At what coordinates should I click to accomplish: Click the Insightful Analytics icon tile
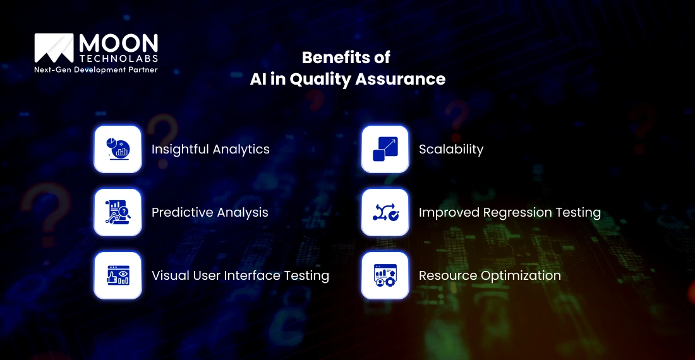point(118,149)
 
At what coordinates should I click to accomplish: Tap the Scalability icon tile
point(385,149)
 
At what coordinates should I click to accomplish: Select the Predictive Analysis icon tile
point(118,212)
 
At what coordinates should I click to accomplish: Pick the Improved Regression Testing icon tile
point(385,212)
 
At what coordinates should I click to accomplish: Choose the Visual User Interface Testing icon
point(118,275)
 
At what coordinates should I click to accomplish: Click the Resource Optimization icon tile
point(385,275)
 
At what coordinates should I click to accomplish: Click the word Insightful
point(179,150)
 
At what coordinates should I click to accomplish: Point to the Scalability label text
point(450,150)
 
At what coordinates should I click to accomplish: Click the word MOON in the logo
point(118,44)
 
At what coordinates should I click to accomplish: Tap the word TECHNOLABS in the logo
point(118,58)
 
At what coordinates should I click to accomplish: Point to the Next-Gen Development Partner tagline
point(95,69)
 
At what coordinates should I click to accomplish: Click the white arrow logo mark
point(54,49)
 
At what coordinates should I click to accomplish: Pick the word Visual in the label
point(169,276)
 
